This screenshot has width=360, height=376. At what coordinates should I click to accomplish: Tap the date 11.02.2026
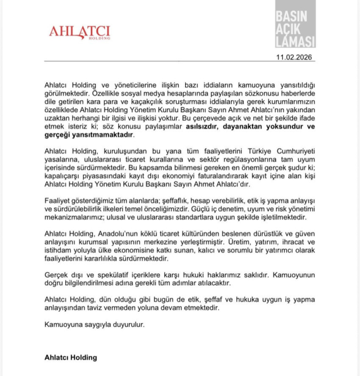pyautogui.click(x=295, y=57)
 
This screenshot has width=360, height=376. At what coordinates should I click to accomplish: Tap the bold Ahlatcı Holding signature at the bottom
pyautogui.click(x=71, y=357)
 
